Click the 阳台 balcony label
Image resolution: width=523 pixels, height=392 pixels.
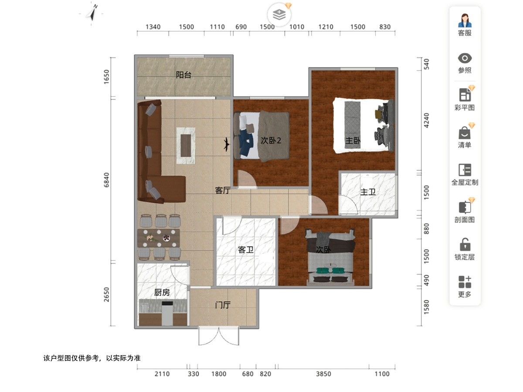[x=183, y=75]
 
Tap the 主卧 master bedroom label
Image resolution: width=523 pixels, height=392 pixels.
[x=353, y=141]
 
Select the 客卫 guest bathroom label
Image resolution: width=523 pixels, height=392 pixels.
[x=246, y=250]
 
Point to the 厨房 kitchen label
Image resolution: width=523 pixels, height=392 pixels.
[x=162, y=292]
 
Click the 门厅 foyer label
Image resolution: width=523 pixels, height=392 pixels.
[x=223, y=305]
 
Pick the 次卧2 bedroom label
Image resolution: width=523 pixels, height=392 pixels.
[x=271, y=140]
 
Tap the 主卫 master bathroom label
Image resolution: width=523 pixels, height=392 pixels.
[x=368, y=192]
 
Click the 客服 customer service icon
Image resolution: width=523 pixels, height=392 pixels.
[x=465, y=20]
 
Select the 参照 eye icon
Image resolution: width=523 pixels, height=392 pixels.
[x=465, y=58]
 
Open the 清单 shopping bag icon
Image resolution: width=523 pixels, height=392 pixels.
[x=465, y=132]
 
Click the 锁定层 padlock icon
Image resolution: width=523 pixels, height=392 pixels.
[x=465, y=244]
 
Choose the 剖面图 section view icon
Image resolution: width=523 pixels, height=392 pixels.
[x=465, y=207]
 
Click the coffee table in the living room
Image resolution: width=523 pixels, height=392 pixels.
[x=186, y=145]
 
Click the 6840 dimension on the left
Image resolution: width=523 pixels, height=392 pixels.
[x=106, y=180]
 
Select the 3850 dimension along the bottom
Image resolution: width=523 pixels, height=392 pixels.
[x=323, y=374]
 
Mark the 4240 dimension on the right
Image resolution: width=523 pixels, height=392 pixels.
[x=426, y=121]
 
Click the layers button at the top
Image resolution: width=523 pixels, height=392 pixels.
[x=279, y=14]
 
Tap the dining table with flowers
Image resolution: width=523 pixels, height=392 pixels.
[x=159, y=238]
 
